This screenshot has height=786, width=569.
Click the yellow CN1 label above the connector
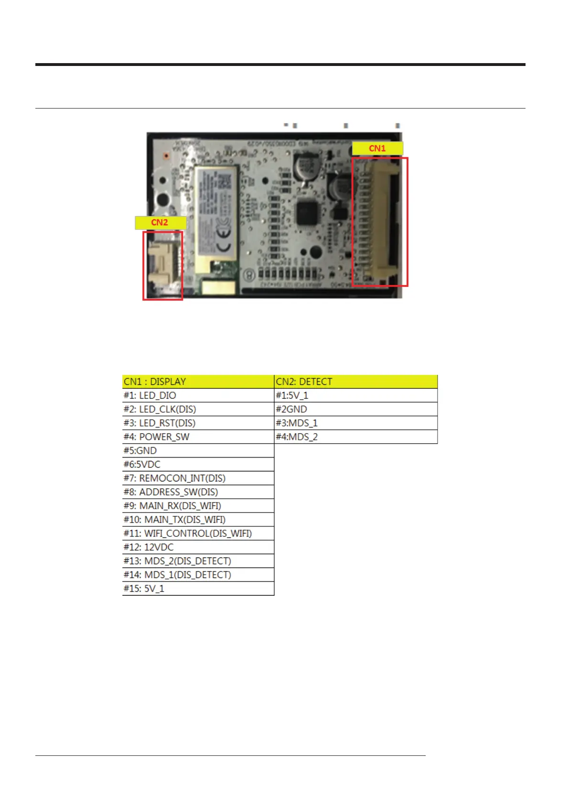click(377, 148)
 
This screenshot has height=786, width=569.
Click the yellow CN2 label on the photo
click(160, 222)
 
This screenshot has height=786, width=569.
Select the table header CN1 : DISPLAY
click(198, 382)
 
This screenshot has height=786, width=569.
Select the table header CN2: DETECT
click(356, 382)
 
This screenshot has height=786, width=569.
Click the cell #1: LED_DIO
click(198, 395)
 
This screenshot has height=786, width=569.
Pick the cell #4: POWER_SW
click(198, 437)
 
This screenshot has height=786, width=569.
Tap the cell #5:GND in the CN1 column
click(198, 451)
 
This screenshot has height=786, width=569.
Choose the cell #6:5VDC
click(198, 465)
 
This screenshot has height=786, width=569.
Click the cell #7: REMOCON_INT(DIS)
click(198, 478)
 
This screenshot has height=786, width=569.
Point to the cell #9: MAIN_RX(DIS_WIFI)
click(198, 506)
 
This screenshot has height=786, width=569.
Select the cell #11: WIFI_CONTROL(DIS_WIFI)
click(198, 534)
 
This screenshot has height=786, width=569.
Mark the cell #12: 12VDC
click(198, 547)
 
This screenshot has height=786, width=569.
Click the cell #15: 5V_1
click(198, 589)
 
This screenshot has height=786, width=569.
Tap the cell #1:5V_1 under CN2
click(356, 395)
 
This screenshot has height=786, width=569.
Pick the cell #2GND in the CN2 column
click(356, 409)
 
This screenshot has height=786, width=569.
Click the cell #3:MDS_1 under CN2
click(356, 423)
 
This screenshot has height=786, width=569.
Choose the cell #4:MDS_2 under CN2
click(356, 437)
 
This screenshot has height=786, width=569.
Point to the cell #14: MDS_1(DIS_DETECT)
click(198, 575)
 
